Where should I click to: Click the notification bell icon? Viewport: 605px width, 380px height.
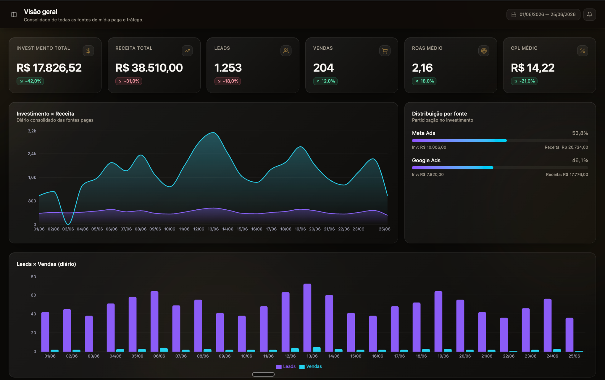click(x=589, y=14)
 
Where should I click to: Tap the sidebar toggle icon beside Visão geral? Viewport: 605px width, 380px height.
click(x=14, y=14)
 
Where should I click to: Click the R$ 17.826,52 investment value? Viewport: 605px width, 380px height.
click(x=49, y=68)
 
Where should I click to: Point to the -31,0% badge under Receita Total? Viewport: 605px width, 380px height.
click(x=129, y=81)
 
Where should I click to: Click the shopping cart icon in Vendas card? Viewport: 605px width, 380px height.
click(x=385, y=51)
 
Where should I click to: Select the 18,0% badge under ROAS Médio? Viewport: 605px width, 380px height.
click(x=424, y=81)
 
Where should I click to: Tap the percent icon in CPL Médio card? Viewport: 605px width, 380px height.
click(x=582, y=51)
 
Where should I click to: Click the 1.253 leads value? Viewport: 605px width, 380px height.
click(x=228, y=68)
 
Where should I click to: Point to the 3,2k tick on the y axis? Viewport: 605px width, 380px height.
click(x=32, y=131)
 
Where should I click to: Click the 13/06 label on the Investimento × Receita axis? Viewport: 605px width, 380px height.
click(x=213, y=229)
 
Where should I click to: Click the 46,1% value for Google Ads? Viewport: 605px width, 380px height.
click(x=580, y=161)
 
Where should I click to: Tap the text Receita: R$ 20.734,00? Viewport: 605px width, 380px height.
click(x=566, y=147)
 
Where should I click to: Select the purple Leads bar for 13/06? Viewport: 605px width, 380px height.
click(x=307, y=317)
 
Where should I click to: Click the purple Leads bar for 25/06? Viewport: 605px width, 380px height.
click(x=569, y=334)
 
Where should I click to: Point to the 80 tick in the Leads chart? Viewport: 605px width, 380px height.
click(x=33, y=277)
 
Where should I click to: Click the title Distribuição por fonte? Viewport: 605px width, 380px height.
click(x=439, y=114)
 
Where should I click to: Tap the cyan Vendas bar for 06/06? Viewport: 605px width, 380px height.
click(x=164, y=349)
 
